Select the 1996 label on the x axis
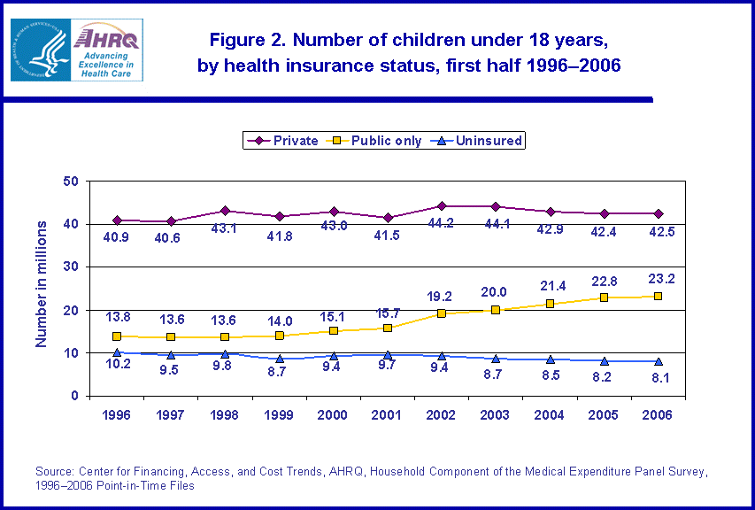[x=116, y=414]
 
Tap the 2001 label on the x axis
[x=388, y=414]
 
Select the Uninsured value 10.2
[x=117, y=371]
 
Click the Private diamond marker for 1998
[x=225, y=211]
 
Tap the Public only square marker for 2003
[x=496, y=310]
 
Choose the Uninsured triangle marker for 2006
[x=659, y=361]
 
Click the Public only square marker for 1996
[x=116, y=336]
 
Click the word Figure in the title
[x=234, y=41]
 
